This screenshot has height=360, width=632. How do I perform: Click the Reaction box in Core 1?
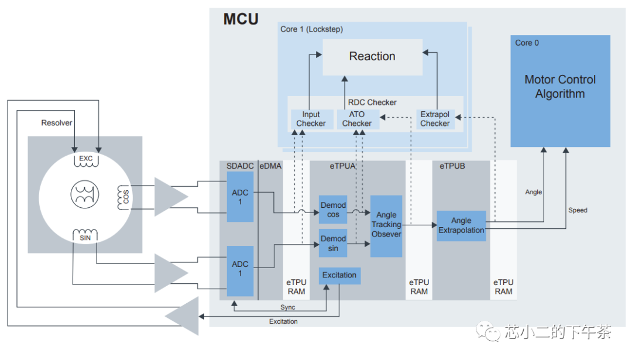pos(372,57)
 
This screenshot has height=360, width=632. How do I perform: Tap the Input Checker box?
pos(311,119)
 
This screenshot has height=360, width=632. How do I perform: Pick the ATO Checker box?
pos(357,119)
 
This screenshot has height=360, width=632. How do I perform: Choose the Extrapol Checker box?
pos(435,119)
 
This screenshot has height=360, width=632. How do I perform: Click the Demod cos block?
pos(333,210)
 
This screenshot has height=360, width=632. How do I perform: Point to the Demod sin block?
pos(333,243)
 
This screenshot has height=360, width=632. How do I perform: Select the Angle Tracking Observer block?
pos(386,225)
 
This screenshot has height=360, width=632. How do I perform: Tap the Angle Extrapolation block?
pos(461,225)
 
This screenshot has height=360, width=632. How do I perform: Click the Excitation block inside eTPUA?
pos(339,275)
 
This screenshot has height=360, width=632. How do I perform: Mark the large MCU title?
pos(241,19)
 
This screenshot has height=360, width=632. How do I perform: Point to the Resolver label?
pos(57,123)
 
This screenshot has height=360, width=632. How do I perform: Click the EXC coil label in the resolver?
pos(86,159)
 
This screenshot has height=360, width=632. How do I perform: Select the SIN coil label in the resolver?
pos(86,237)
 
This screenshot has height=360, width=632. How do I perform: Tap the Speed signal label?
pos(578,210)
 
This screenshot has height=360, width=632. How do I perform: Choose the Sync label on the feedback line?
pos(287,307)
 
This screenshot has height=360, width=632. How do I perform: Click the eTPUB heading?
pos(452,166)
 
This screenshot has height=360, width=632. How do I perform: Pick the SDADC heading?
pos(240,166)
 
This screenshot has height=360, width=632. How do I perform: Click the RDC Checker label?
pos(372,102)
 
